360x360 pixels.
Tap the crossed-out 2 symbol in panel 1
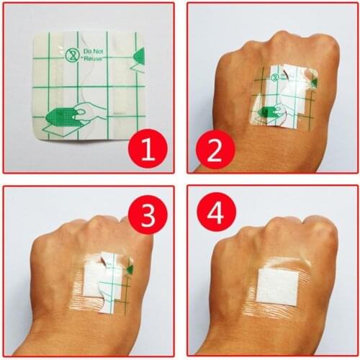coord(71,54)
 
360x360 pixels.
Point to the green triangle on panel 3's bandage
coord(130,269)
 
